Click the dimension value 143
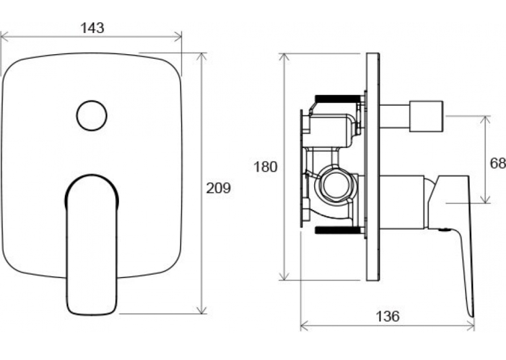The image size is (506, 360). (93, 28)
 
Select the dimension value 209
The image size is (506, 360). (218, 188)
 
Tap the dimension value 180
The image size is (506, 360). (265, 167)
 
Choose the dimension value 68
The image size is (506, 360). (497, 163)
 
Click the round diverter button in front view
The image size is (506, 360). (92, 116)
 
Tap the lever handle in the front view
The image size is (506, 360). (92, 245)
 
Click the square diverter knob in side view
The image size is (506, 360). (426, 116)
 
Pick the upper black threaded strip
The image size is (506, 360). (338, 98)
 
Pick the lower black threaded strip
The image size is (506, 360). (338, 230)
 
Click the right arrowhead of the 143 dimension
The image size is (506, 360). (179, 37)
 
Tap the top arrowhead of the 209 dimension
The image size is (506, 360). (202, 57)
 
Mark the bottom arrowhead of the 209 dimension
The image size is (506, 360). (202, 309)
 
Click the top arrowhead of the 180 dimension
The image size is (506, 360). (284, 58)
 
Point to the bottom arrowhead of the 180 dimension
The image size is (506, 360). (284, 276)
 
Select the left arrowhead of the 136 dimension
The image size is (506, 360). (304, 326)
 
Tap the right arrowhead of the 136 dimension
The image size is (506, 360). (470, 326)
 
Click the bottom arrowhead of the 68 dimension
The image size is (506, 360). (485, 199)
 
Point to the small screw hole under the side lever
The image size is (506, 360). (444, 230)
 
